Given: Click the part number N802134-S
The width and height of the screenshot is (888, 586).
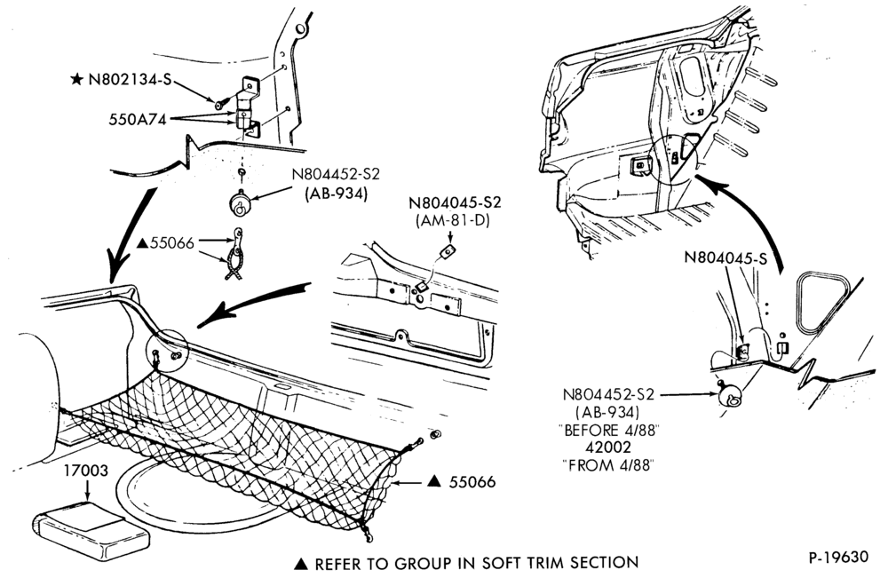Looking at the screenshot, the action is coord(130,79).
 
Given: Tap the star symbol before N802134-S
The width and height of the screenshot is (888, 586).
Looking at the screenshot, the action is coord(77,79).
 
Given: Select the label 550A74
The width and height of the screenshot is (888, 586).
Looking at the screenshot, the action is coord(138,120).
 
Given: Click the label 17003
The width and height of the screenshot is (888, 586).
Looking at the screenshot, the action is coord(86,471).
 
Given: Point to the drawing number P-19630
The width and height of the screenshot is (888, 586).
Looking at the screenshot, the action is coord(838,557).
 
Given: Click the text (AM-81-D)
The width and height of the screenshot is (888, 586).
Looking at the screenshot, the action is coord(452,220).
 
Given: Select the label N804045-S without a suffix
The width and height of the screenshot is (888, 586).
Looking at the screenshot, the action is coord(725,258).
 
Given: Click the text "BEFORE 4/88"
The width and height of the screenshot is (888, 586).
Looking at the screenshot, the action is coord(611,430).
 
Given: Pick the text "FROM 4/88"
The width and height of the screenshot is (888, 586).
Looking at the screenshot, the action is coord(608,465).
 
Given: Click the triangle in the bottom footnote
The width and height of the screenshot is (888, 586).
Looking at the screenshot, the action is coord(301,564).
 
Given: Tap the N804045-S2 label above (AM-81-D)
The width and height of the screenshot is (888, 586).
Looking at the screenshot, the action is coord(456,202).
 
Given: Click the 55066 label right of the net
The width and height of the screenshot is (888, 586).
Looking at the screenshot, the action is coord(472,482).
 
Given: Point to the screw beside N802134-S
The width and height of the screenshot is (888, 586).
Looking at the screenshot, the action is coord(219,104).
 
